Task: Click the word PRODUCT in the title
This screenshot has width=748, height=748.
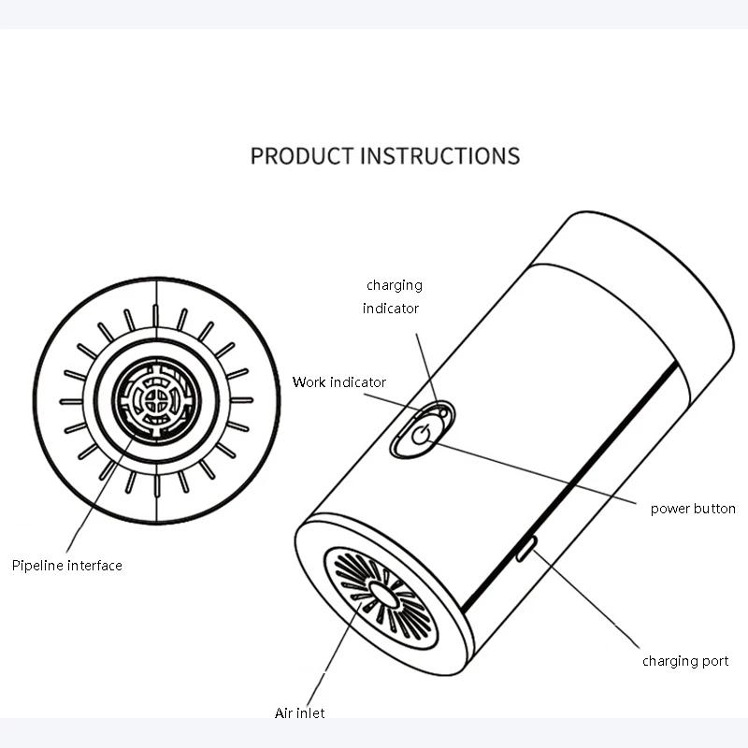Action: pos(301,155)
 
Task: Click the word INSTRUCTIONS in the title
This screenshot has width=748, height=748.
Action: pos(439,155)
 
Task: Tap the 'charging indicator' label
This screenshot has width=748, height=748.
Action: pos(393,295)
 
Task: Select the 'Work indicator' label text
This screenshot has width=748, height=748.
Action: pos(338,381)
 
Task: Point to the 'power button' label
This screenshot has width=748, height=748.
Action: pos(693,509)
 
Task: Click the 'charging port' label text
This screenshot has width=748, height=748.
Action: pos(685,661)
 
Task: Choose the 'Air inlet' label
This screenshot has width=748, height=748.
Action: pos(299,713)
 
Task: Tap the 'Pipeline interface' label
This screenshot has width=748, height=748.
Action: pos(67,565)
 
